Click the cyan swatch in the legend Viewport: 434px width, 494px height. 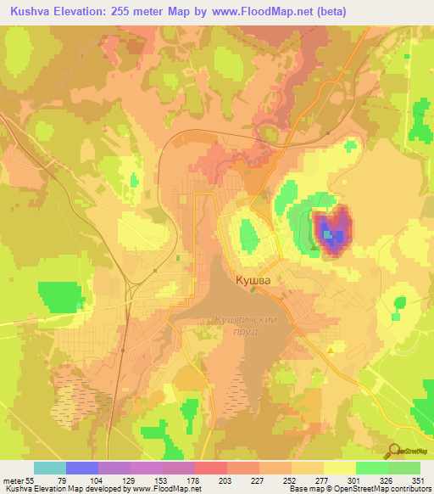[50, 468]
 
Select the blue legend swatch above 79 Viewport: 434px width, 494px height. [82, 468]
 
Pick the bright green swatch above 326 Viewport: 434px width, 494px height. [372, 468]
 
